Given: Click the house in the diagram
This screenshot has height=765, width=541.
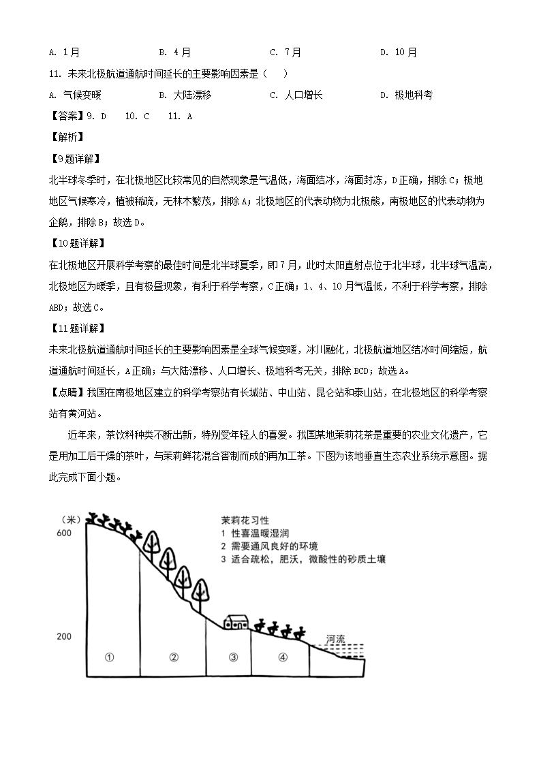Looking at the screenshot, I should pos(236,622).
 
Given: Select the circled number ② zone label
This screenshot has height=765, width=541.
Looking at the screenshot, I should pos(174,657).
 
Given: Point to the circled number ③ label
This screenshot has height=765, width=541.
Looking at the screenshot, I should pos(233,657).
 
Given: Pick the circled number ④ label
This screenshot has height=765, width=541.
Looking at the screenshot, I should pos(283,657).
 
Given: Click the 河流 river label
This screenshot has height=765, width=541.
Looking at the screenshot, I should pos(336,639).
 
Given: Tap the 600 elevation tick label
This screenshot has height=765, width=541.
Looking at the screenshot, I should pos(64,533).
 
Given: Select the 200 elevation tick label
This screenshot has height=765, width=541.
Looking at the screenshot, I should pos(64,636).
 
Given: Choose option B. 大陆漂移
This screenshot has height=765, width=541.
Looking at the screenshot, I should pos(185,95).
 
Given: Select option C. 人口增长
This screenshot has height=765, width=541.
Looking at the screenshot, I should pos(296,95).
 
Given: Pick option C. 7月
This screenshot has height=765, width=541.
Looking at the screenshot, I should pos(285,52).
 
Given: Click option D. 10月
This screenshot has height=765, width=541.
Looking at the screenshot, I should pos(399,52).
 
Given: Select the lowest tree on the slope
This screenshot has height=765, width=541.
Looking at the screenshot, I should pos(200,591).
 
